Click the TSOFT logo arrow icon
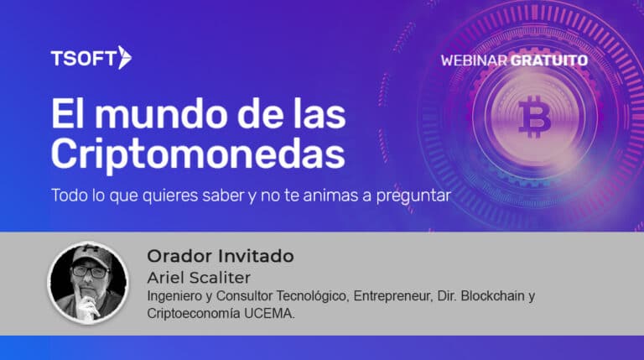pyautogui.click(x=125, y=58)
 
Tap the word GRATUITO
pyautogui.click(x=549, y=60)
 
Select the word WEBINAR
pyautogui.click(x=475, y=60)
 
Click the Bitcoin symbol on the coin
pyautogui.click(x=534, y=117)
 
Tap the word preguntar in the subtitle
pyautogui.click(x=413, y=196)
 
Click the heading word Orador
pyautogui.click(x=179, y=256)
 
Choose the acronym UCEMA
pyautogui.click(x=269, y=313)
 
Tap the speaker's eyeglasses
pyautogui.click(x=90, y=272)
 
